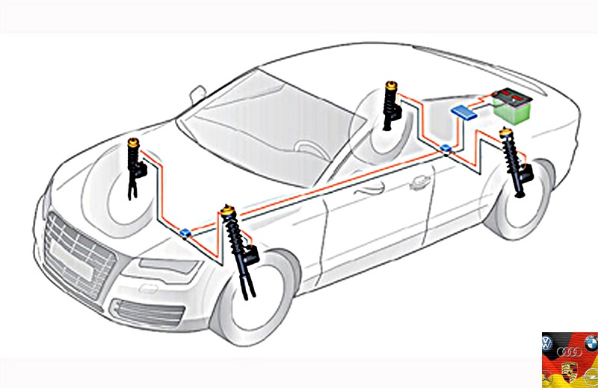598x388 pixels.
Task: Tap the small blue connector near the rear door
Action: [446, 148]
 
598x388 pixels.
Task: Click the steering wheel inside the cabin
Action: [306, 149]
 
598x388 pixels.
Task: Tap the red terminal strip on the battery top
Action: [507, 96]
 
